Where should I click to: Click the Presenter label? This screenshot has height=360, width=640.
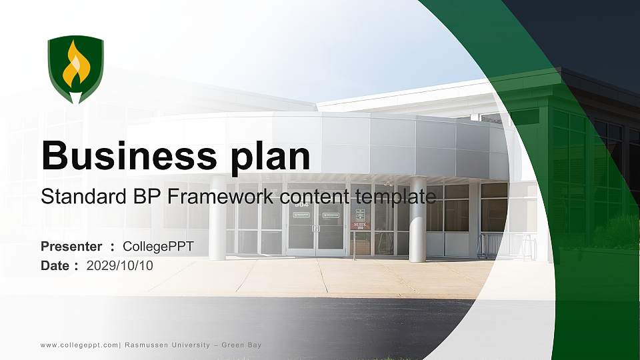pos(71,247)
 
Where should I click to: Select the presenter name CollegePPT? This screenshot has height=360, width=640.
pos(159,247)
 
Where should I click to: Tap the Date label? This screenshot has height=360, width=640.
pos(55,266)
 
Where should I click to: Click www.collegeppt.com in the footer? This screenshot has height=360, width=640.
pos(79,345)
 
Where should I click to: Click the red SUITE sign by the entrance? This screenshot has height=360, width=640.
pos(360,225)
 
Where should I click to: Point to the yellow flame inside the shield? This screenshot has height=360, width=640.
pos(75,65)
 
